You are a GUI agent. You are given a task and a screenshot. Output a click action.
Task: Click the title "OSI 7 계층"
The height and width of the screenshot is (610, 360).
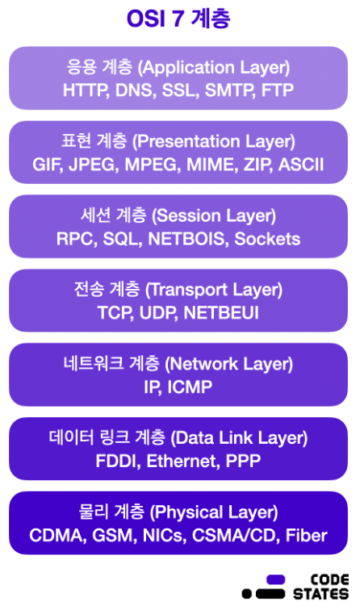click(x=178, y=19)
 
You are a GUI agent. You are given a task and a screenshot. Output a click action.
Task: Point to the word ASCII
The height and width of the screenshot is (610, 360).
click(x=301, y=165)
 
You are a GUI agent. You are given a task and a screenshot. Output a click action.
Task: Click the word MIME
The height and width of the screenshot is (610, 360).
click(x=211, y=165)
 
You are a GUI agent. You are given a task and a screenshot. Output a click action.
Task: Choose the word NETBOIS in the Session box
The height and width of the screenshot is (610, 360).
click(x=188, y=239)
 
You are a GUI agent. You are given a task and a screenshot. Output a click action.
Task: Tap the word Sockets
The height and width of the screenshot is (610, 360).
click(x=267, y=239)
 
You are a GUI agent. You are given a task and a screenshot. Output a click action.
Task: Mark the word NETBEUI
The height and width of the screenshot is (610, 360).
click(x=221, y=313)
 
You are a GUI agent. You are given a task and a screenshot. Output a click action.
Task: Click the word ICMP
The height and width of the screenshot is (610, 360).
click(x=190, y=387)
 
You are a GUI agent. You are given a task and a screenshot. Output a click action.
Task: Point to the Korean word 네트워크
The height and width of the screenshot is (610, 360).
click(x=94, y=364)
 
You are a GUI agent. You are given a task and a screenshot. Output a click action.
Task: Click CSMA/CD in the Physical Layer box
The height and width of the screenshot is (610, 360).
click(x=235, y=536)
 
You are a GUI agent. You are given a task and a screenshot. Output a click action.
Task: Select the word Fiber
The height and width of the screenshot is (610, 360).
click(x=306, y=536)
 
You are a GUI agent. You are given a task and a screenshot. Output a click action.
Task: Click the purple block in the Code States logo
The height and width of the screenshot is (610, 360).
click(x=275, y=579)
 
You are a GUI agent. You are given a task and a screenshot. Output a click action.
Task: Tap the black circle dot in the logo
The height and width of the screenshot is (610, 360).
click(x=247, y=594)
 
